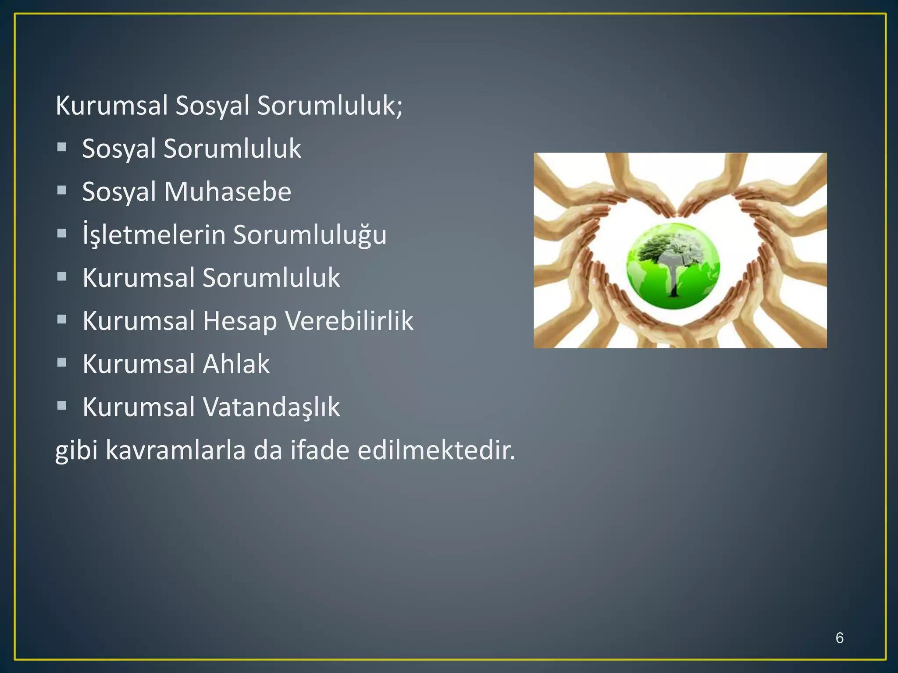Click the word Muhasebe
(x=228, y=191)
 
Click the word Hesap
(x=240, y=321)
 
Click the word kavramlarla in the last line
(x=175, y=450)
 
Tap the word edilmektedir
(x=436, y=450)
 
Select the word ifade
(x=320, y=450)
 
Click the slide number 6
(x=839, y=638)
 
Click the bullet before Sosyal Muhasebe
(x=62, y=191)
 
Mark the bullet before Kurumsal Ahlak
(x=62, y=363)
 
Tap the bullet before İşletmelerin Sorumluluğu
(x=62, y=234)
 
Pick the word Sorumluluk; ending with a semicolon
(x=330, y=106)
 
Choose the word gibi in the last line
(x=76, y=450)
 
